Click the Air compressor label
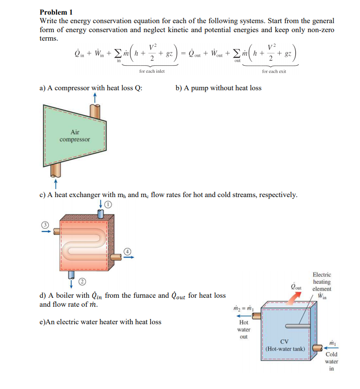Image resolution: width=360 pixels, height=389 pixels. pos(75,136)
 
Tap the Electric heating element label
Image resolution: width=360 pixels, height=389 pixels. pos(322,282)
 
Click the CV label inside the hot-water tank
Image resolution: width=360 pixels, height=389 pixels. pos(284,342)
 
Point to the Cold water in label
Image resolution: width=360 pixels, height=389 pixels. pos(332,361)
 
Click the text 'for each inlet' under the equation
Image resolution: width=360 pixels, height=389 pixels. pos(152,71)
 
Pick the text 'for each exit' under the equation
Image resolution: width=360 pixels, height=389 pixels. pos(274,71)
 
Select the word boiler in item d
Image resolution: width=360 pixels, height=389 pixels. pos(63,296)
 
